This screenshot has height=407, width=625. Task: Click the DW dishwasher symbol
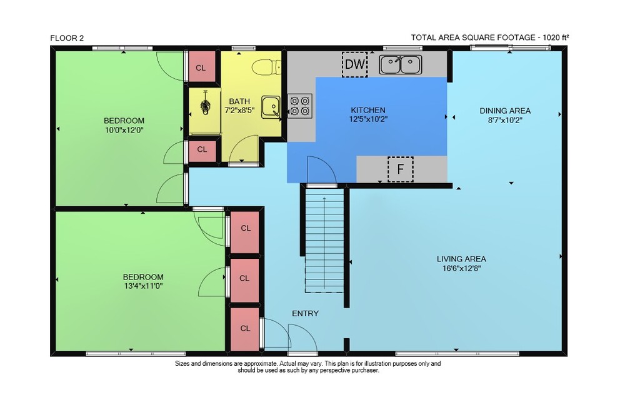[x=355, y=64]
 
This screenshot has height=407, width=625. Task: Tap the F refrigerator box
[x=401, y=169]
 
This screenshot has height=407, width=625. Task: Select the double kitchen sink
[x=400, y=64]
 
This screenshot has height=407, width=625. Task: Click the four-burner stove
[x=300, y=106]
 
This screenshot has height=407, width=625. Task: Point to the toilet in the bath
[x=267, y=67]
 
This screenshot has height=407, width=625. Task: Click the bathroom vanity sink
[x=271, y=108]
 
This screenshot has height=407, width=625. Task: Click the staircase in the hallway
[x=324, y=241]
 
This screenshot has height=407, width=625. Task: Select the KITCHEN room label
[x=368, y=110]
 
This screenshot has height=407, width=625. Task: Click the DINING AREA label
[x=505, y=111]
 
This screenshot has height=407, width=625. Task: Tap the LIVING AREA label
[x=461, y=259]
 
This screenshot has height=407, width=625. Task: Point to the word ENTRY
[x=306, y=313]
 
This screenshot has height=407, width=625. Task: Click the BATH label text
[x=239, y=101]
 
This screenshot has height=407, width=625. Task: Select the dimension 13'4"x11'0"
[x=144, y=286]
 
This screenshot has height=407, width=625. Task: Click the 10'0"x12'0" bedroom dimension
[x=124, y=129]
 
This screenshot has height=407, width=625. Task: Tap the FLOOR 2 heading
[x=67, y=38]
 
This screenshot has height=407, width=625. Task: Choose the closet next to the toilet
[x=201, y=67]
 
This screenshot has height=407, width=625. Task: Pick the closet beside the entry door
[x=245, y=328]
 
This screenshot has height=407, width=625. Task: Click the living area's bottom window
[x=457, y=354]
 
